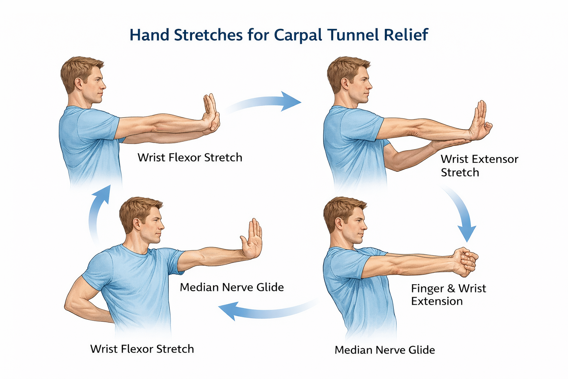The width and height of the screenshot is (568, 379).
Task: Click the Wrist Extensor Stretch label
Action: click(479, 166)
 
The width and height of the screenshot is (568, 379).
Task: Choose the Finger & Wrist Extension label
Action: click(448, 295)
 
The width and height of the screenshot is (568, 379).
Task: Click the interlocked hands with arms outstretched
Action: click(465, 261)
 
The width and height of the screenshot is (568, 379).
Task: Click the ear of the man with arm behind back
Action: click(137, 223)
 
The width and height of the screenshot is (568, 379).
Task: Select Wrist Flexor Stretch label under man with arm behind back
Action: click(142, 349)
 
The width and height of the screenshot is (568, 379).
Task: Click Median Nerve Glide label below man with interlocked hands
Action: click(385, 350)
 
